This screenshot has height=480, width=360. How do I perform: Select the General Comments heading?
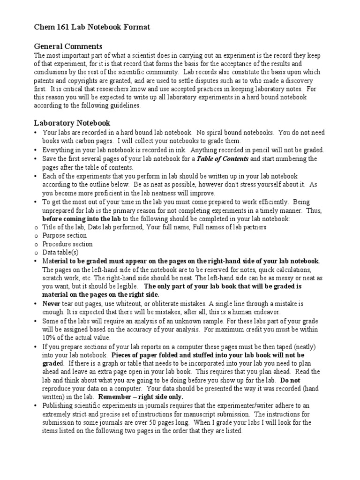[x=68, y=46]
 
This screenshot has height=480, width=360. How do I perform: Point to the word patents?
[x=45, y=81]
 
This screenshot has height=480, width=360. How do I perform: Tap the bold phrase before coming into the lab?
[x=82, y=218]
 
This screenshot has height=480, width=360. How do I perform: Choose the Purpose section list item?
[x=64, y=235]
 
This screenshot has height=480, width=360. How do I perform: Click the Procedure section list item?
[x=67, y=244]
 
